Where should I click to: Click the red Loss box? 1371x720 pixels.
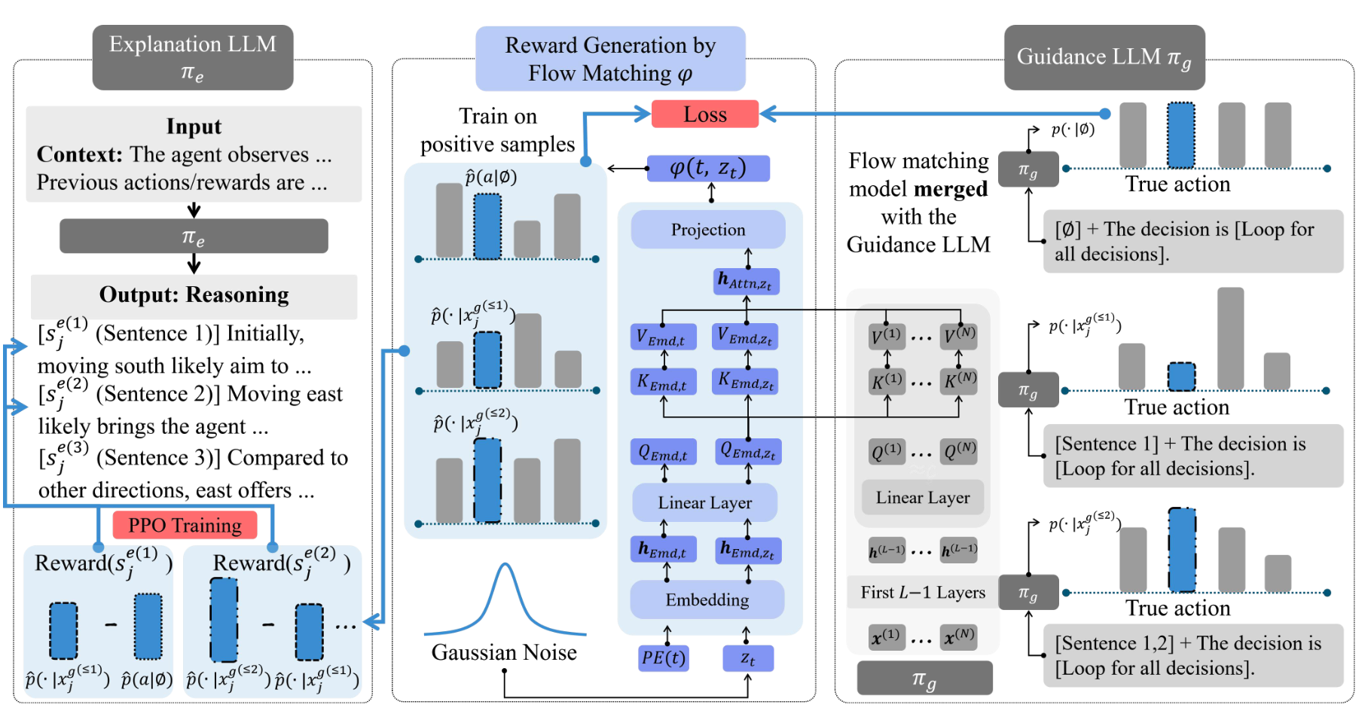click(x=704, y=114)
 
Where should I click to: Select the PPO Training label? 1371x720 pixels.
click(x=185, y=525)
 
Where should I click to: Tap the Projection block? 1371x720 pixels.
click(x=707, y=230)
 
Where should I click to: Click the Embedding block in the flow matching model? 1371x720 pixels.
click(x=707, y=599)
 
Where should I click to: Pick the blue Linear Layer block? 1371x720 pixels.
click(x=704, y=502)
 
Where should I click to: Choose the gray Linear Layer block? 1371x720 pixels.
click(x=922, y=498)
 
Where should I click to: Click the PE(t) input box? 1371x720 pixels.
click(x=663, y=657)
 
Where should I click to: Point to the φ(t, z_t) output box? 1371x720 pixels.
click(x=708, y=168)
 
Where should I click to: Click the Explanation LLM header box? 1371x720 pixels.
click(x=192, y=57)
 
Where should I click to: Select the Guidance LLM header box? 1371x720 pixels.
click(x=1104, y=57)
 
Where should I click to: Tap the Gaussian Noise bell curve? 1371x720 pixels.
click(x=505, y=603)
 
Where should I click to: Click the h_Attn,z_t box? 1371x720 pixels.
click(x=746, y=282)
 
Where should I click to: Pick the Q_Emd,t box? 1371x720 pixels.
click(x=663, y=453)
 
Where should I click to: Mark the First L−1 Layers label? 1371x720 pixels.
click(x=922, y=593)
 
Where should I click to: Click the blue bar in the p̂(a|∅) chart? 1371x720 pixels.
click(x=487, y=227)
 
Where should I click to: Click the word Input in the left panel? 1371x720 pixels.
click(x=194, y=126)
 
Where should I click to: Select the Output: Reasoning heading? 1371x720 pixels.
click(x=194, y=294)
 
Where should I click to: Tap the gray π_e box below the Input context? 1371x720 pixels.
click(x=194, y=236)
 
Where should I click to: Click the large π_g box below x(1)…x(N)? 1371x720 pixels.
click(x=924, y=679)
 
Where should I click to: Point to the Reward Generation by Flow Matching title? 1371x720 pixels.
click(x=609, y=59)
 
